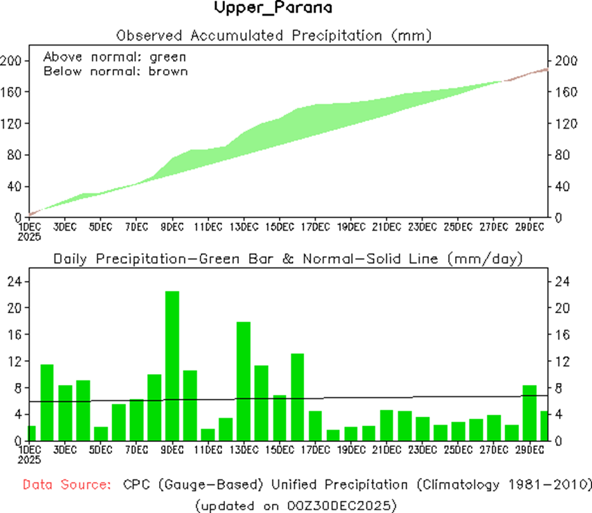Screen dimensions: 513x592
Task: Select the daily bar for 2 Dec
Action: (x=47, y=403)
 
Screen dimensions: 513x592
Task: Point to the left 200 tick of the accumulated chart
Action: (x=11, y=61)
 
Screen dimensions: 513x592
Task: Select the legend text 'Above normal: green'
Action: (x=115, y=57)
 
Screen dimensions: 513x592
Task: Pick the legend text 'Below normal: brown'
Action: (x=115, y=71)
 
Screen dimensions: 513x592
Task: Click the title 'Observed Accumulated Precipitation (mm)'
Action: (x=274, y=35)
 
